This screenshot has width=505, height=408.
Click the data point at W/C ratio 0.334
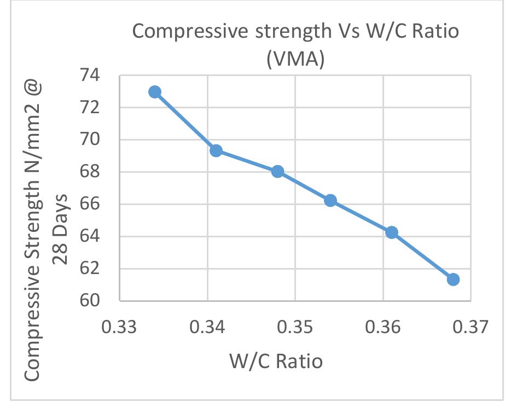pyautogui.click(x=155, y=91)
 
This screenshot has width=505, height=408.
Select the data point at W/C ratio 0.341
pyautogui.click(x=216, y=150)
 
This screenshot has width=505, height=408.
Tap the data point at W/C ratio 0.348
pyautogui.click(x=277, y=171)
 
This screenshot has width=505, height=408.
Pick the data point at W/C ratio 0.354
pyautogui.click(x=330, y=200)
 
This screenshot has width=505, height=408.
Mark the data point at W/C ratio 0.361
pyautogui.click(x=392, y=232)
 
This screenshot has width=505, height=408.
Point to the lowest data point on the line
pyautogui.click(x=453, y=279)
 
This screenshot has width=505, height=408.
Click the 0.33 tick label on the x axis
pyautogui.click(x=120, y=328)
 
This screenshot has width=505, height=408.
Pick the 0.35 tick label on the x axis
pyautogui.click(x=295, y=328)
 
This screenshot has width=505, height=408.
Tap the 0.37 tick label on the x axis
pyautogui.click(x=471, y=328)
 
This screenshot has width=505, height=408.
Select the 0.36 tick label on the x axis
pyautogui.click(x=384, y=328)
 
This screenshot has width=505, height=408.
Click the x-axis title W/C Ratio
pyautogui.click(x=276, y=361)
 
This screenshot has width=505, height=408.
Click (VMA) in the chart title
pyautogui.click(x=295, y=59)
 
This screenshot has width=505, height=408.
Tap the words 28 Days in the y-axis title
pyautogui.click(x=61, y=228)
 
